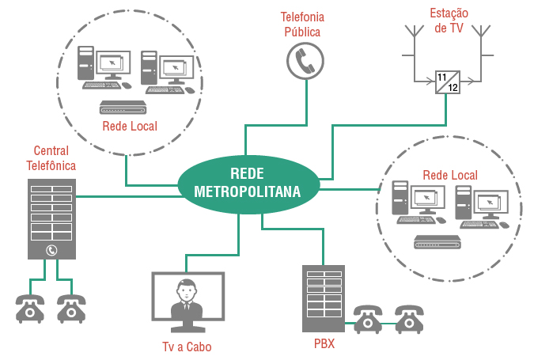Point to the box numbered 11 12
tap(447, 81)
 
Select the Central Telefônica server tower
tap(52, 218)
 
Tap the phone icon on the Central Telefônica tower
tap(52, 251)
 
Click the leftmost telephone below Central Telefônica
tap(30, 309)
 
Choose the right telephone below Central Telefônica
tap(71, 309)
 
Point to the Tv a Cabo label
tap(187, 347)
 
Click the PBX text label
tap(324, 345)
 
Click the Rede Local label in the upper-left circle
tap(130, 126)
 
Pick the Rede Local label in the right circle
tap(450, 174)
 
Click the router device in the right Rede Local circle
tap(437, 242)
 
